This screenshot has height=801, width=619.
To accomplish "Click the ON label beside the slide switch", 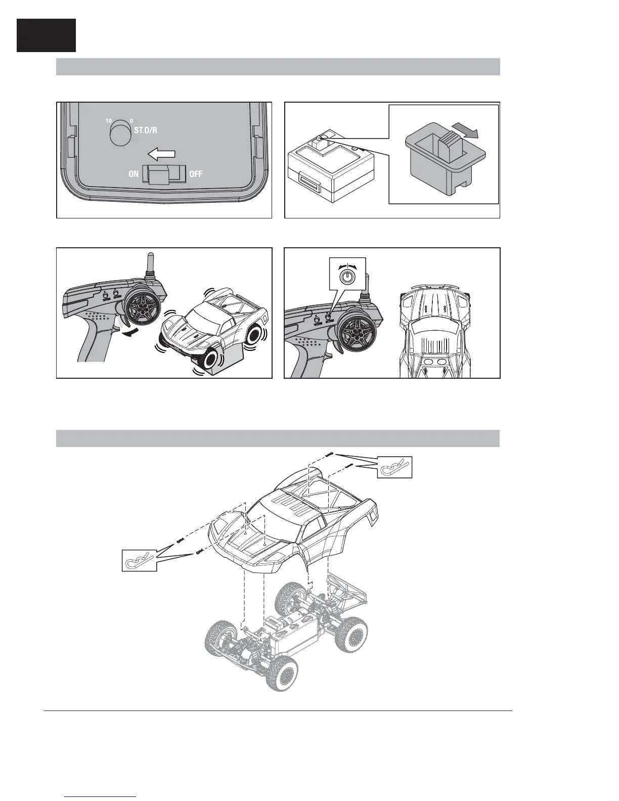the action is click(x=134, y=174).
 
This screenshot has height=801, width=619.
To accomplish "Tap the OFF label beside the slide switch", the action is click(x=196, y=174).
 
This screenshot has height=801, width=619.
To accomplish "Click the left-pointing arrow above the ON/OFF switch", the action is click(x=163, y=154).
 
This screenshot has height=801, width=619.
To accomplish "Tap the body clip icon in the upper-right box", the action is click(x=395, y=467).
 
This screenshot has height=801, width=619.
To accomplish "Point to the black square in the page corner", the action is click(x=46, y=35).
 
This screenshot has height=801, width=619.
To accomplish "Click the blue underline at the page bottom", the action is click(x=101, y=796).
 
